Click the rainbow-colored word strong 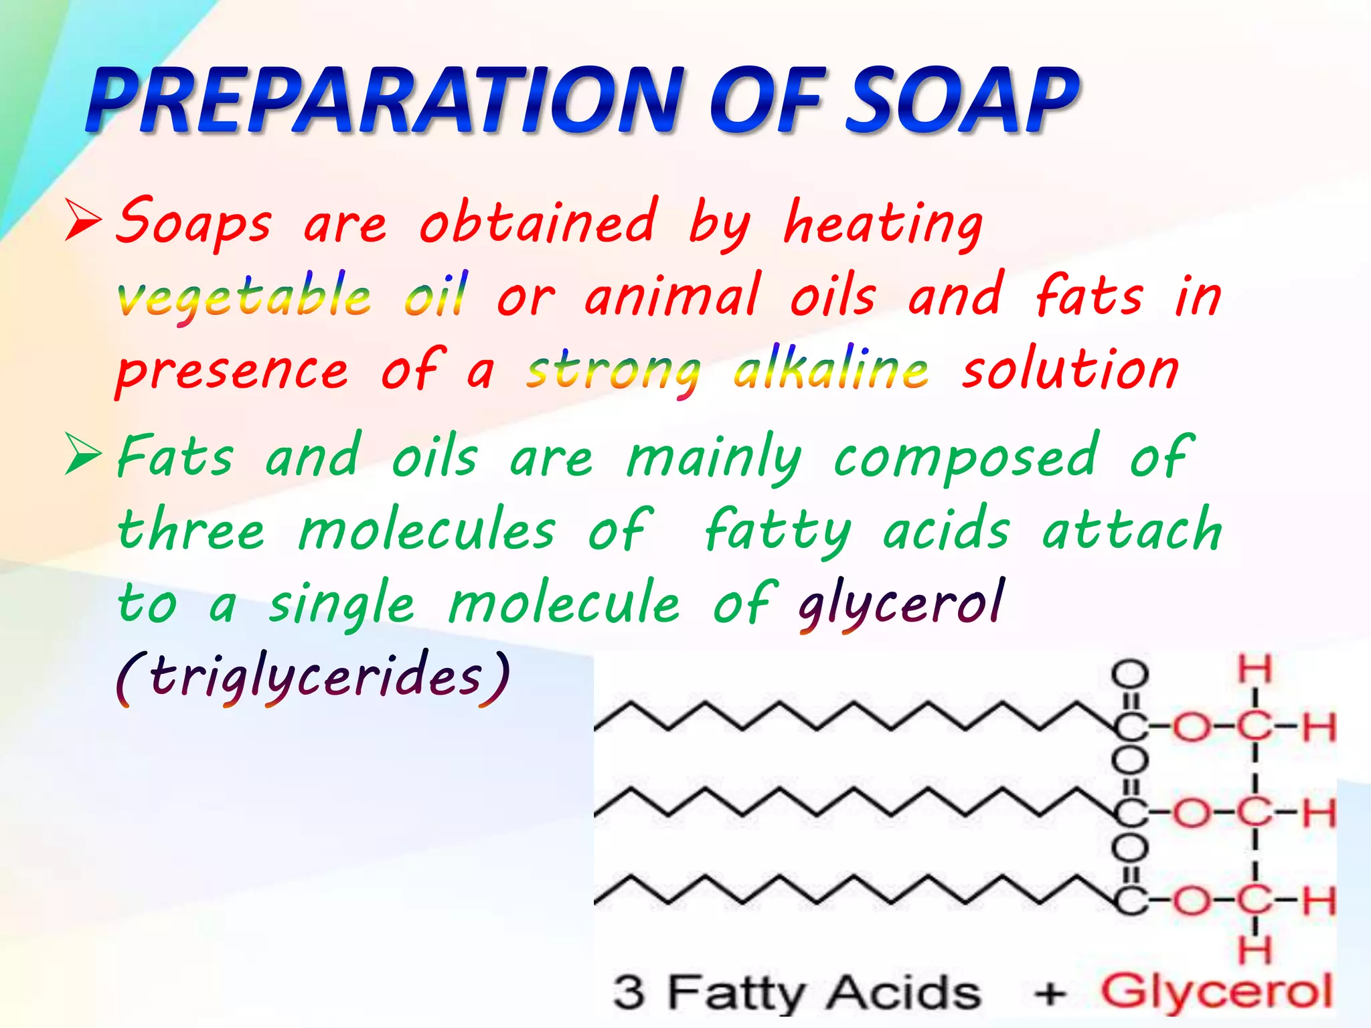pos(613,370)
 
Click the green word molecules pos(426,530)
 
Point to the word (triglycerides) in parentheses pos(313,677)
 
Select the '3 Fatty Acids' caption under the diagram pos(796,992)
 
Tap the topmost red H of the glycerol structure pos(1255,669)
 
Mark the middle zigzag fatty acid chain pos(850,803)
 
